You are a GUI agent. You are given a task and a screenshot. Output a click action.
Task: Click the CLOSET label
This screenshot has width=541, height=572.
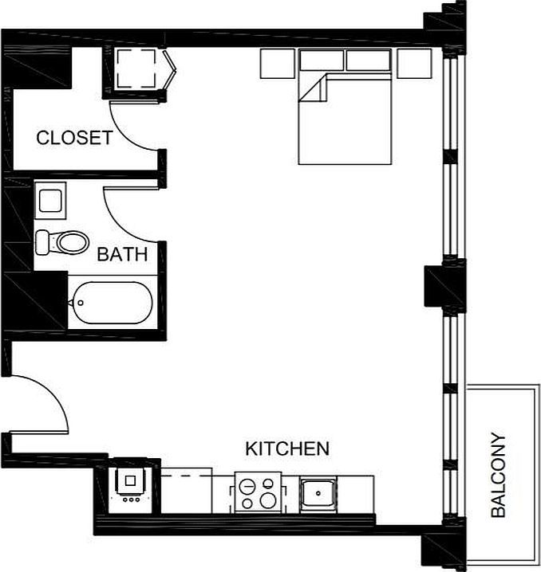coord(74,138)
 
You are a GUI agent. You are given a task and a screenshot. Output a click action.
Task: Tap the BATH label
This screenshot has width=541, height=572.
coord(122,255)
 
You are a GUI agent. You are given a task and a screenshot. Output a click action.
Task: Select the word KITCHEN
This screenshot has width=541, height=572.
coord(286,449)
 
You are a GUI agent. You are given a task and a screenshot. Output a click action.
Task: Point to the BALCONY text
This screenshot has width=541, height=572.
coord(499,475)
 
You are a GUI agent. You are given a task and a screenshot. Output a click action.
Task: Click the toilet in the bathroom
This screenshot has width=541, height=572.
coord(64,241)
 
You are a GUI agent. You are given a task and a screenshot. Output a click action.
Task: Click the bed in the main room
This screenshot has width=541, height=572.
coord(345,119)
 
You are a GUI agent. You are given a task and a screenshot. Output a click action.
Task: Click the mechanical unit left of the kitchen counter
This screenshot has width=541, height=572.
coord(128,483)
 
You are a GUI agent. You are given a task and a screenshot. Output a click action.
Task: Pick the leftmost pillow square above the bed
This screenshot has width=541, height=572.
coord(276,64)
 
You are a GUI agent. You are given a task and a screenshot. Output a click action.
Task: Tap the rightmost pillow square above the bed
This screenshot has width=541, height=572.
coord(414,64)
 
